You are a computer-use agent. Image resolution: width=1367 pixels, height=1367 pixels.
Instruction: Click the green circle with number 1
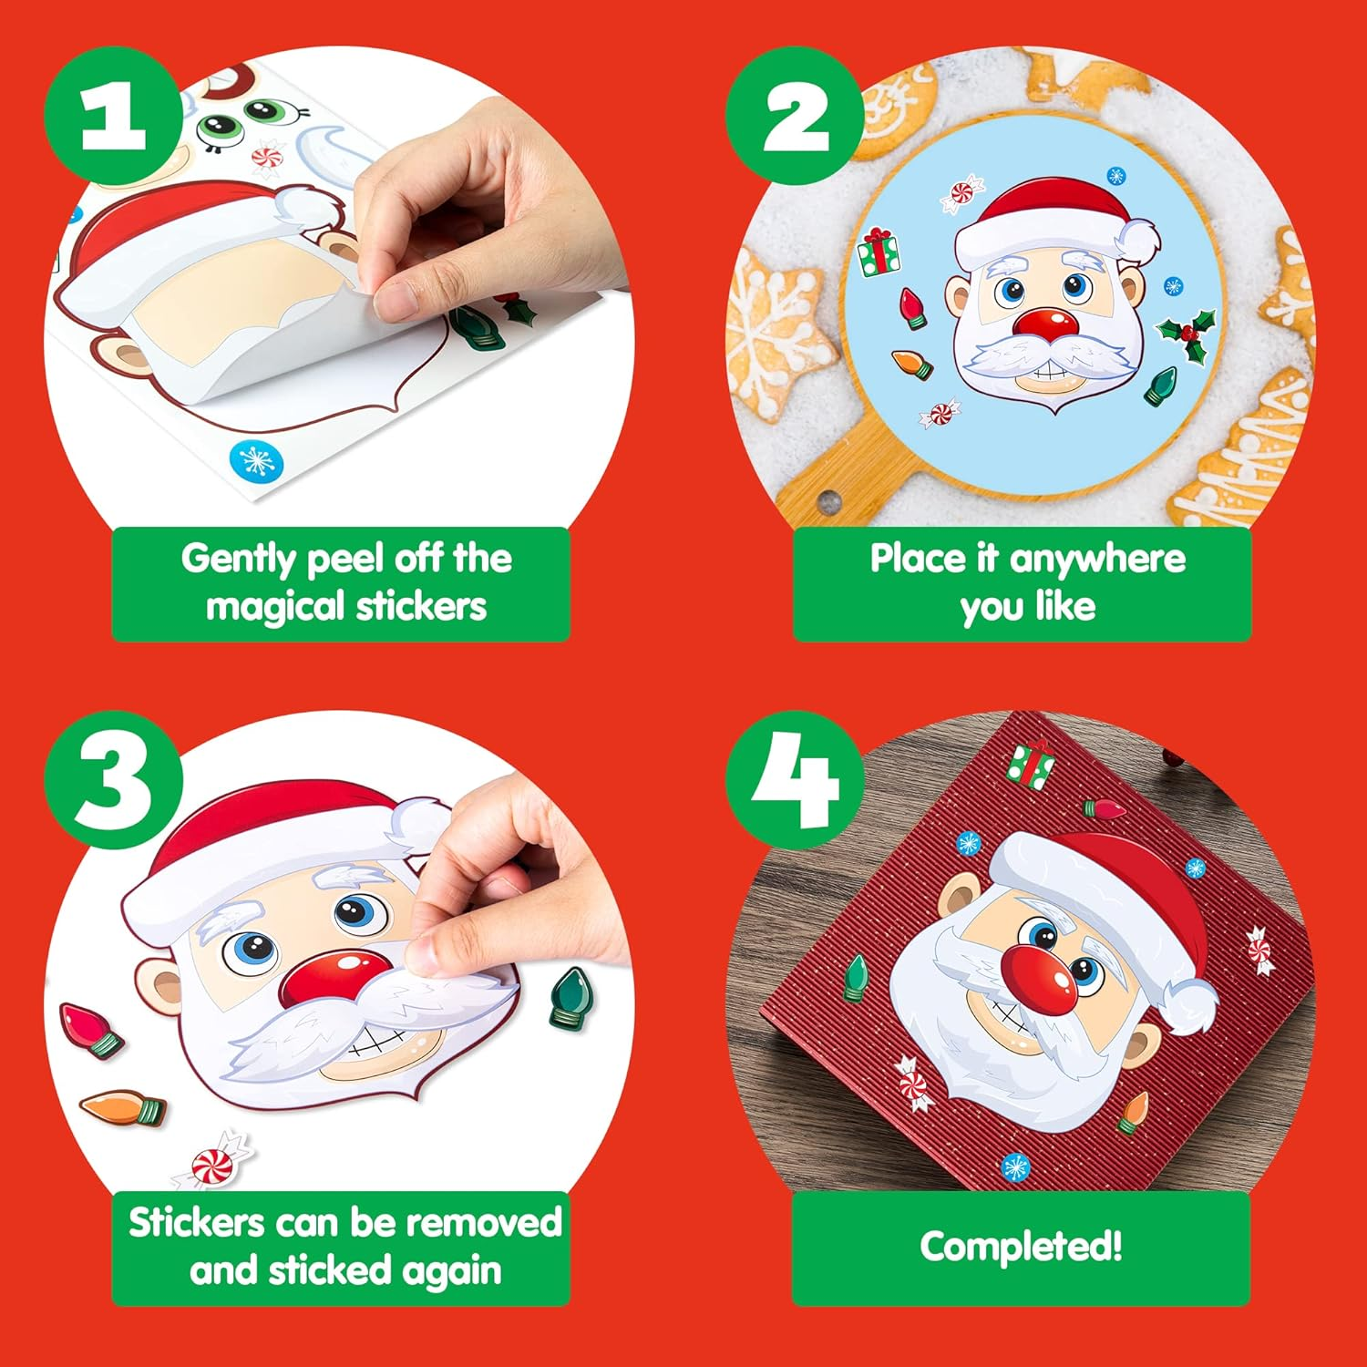point(113,116)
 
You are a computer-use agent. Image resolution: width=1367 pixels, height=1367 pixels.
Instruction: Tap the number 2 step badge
point(795,116)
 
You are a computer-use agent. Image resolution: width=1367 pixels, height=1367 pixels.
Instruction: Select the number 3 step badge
point(113,780)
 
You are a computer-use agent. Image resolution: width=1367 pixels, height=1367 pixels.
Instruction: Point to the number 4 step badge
point(795,780)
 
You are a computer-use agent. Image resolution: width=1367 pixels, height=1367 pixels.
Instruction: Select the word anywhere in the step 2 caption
point(1097,558)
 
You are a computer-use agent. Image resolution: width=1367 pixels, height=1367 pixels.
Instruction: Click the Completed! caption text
point(1021,1247)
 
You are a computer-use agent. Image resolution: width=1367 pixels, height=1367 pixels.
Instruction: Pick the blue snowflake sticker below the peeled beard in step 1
point(256,461)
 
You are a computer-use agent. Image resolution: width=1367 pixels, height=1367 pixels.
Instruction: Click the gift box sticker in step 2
point(879,252)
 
